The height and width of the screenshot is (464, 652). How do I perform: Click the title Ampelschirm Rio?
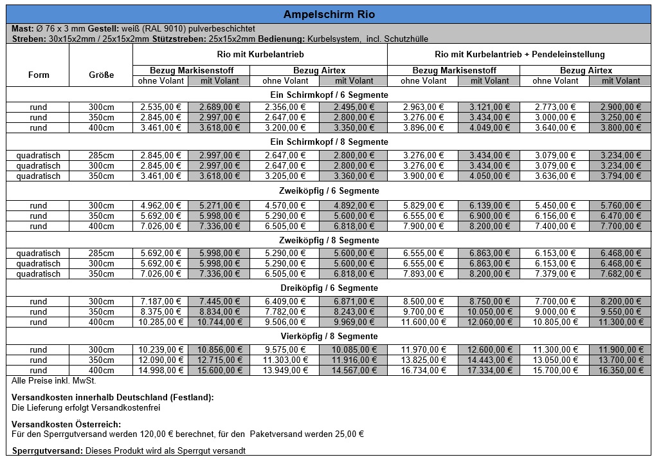(329, 14)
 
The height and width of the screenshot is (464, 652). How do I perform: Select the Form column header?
(39, 75)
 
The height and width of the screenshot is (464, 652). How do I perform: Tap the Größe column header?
(101, 75)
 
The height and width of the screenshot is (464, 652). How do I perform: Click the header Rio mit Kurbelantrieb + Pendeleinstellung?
(520, 55)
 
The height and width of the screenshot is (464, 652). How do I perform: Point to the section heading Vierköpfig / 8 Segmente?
(329, 336)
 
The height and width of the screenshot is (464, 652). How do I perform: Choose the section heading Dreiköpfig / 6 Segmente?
(329, 288)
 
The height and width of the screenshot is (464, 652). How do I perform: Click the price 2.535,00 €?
(160, 107)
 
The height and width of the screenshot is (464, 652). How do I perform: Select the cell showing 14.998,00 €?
(160, 371)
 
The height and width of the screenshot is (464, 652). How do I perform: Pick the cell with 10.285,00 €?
(160, 322)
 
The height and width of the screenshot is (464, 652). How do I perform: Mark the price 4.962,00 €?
(160, 206)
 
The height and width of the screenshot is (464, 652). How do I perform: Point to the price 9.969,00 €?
(354, 322)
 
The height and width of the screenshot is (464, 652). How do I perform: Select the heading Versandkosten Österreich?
(66, 424)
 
